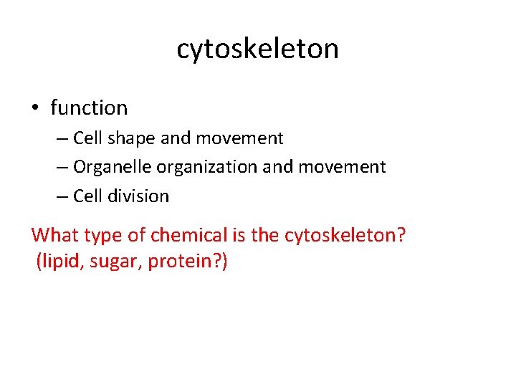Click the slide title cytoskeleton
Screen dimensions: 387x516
pos(257,49)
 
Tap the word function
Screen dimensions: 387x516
pos(89,108)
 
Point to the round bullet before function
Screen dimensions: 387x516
pos(35,109)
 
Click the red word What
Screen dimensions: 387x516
pos(54,235)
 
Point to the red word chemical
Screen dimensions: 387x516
pos(177,235)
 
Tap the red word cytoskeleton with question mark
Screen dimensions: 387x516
pos(345,235)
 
